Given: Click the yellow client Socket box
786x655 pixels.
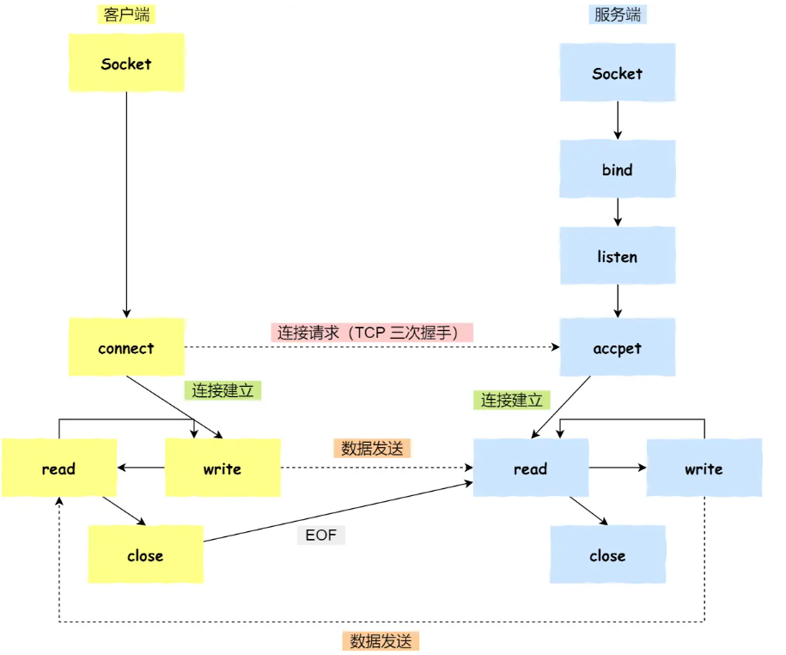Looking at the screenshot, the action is [126, 63].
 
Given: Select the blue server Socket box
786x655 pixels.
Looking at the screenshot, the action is [618, 72].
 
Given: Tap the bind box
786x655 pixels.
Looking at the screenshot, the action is [618, 169].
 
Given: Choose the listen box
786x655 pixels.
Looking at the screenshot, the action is [618, 256].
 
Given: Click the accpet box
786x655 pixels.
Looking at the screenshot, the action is [618, 347].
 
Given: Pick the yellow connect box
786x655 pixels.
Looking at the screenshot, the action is [126, 347].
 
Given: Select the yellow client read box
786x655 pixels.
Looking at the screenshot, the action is [59, 468].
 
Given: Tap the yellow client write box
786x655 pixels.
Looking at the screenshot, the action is [223, 468].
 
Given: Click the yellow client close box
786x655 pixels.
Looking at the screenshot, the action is [146, 554].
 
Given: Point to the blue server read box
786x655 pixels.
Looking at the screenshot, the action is [531, 468].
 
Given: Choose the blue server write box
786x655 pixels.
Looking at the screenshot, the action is [704, 468].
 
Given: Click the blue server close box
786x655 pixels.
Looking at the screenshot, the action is [607, 554].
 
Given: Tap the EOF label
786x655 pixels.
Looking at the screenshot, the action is [320, 536].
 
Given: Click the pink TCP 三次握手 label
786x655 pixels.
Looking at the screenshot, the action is [372, 333].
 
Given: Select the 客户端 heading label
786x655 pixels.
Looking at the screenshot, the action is [126, 15].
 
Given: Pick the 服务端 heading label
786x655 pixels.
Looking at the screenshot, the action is [618, 15].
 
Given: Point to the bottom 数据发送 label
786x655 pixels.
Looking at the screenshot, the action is [381, 641].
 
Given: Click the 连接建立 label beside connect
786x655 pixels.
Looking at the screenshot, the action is [223, 390].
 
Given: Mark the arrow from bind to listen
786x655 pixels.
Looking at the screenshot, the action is [618, 212].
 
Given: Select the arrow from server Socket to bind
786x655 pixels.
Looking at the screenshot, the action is [618, 120].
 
